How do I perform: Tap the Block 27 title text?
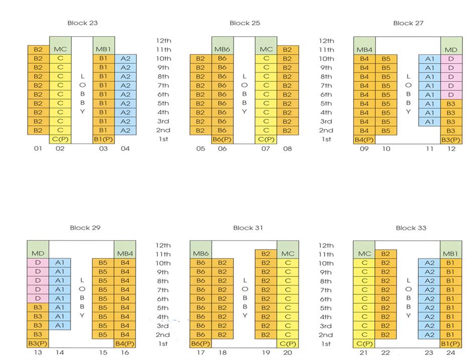(x=410, y=23)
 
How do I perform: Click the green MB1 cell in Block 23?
(x=103, y=50)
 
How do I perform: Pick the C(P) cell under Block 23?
(x=60, y=139)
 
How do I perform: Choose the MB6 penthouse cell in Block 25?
(x=222, y=50)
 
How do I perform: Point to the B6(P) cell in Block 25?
(x=222, y=139)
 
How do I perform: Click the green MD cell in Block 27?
(x=451, y=50)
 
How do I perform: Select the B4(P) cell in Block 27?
(x=364, y=139)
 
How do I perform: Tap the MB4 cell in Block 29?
(x=125, y=254)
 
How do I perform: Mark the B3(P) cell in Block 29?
(x=38, y=343)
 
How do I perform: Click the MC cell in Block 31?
(x=288, y=254)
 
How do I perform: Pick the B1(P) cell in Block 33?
(x=451, y=343)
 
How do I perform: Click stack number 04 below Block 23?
(x=125, y=149)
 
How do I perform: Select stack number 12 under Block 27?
(x=451, y=149)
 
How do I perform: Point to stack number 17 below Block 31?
(x=201, y=353)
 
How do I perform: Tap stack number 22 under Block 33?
(x=386, y=353)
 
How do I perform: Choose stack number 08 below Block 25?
(x=287, y=149)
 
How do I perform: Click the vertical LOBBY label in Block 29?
(x=82, y=298)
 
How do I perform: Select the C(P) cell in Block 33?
(x=364, y=343)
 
